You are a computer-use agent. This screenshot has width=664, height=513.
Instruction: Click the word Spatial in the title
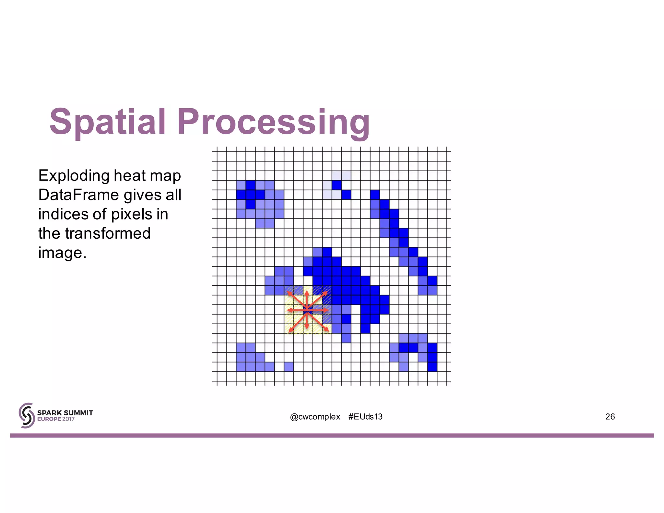[108, 122]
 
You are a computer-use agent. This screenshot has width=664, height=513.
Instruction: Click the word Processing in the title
[273, 123]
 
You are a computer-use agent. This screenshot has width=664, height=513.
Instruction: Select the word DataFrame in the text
[78, 195]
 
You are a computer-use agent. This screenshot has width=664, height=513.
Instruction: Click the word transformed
[108, 233]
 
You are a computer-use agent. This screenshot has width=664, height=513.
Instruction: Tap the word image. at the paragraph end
[62, 253]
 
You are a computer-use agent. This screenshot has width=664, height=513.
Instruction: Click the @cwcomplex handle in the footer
[315, 417]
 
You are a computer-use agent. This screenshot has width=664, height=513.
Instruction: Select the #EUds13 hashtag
[365, 417]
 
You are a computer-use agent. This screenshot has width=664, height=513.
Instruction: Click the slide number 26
[610, 417]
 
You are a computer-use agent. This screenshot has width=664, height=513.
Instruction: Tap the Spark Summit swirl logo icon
[27, 415]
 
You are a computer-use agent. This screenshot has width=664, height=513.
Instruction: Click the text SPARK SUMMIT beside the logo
[65, 413]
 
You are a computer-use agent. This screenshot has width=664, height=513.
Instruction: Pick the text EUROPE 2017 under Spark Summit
[56, 419]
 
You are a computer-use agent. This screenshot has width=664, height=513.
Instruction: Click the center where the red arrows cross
[307, 310]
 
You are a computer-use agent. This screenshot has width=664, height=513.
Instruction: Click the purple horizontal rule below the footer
[332, 435]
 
